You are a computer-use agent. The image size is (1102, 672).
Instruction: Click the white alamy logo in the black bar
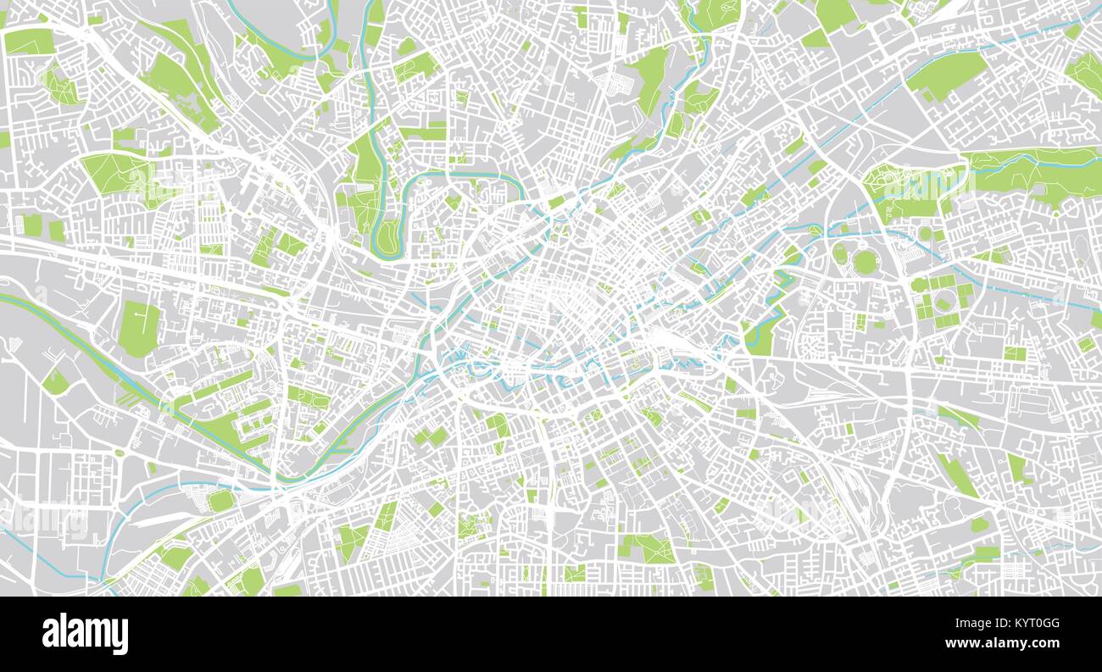point(86,634)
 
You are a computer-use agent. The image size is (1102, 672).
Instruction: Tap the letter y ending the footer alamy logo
point(121,636)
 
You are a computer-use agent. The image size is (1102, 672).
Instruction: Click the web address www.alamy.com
point(1025,643)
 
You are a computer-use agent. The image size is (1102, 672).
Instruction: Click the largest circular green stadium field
point(864,262)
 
